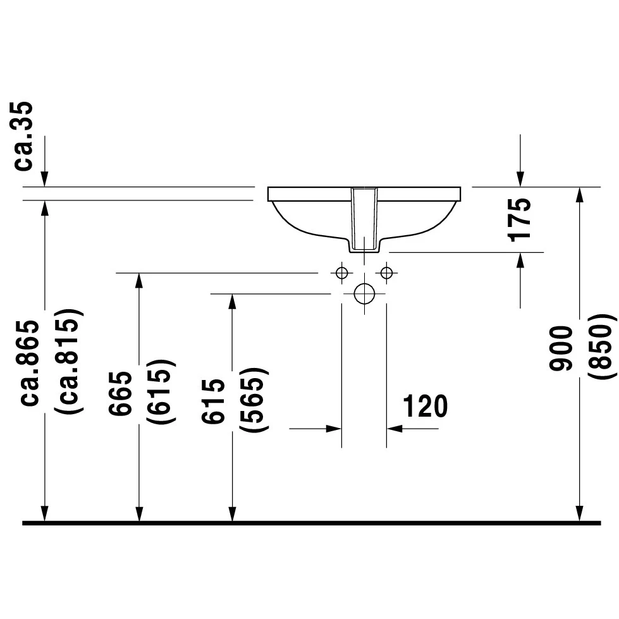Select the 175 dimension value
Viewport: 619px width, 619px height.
point(520,220)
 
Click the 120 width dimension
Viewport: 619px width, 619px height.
point(425,406)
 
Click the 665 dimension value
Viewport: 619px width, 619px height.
point(120,393)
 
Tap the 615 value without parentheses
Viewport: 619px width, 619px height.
point(213,401)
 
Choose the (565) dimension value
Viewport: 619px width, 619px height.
point(254,400)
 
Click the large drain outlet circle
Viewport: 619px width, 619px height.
point(364,293)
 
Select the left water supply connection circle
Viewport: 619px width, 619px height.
point(342,273)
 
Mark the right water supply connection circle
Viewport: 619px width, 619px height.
point(386,273)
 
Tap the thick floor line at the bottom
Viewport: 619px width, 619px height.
point(310,523)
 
